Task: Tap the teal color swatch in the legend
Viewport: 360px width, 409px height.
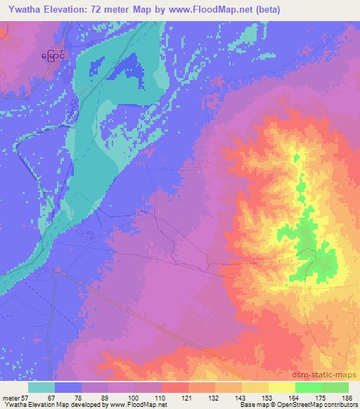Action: tap(42, 387)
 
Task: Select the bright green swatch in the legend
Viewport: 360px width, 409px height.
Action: tap(308, 387)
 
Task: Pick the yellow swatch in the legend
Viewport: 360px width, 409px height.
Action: tap(281, 387)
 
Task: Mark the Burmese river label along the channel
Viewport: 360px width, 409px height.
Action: tap(77, 105)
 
